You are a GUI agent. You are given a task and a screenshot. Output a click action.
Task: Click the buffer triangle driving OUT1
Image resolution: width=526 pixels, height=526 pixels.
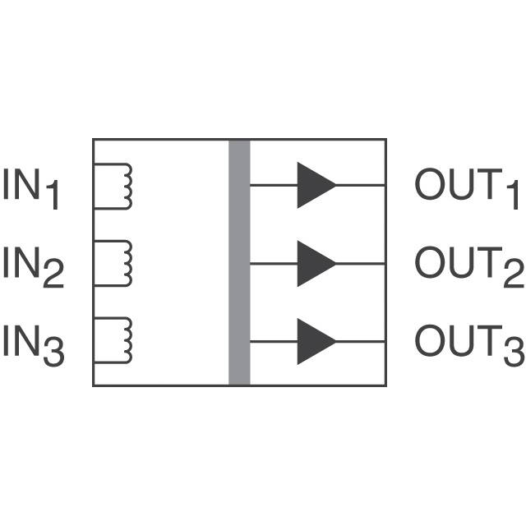[x=315, y=185]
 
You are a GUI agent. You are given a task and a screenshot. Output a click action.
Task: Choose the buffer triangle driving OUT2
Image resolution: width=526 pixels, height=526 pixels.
[x=315, y=263]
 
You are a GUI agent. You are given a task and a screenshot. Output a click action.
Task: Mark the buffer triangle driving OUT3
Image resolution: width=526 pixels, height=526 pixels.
[x=315, y=340]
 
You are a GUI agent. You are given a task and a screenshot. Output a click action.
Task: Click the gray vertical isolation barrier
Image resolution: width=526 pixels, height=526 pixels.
[x=239, y=262]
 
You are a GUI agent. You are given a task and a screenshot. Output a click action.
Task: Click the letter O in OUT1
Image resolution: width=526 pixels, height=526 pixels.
[x=428, y=185]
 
